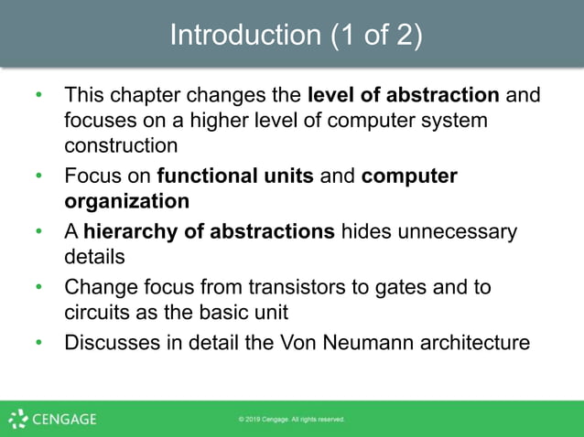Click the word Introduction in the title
242,35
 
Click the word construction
121,144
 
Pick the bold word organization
127,199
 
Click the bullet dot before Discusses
38,344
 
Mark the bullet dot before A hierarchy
38,231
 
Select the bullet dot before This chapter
38,94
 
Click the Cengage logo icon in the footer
18,420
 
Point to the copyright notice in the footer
291,420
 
